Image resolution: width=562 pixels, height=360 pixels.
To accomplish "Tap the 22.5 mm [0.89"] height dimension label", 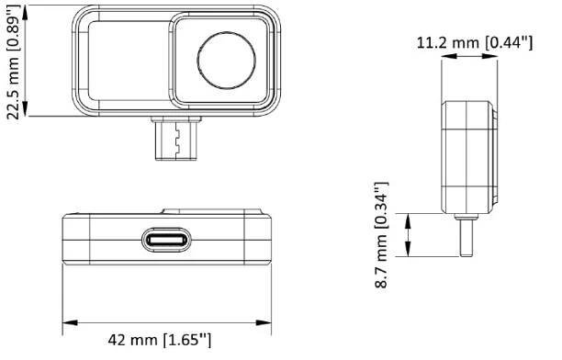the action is coord(14,61).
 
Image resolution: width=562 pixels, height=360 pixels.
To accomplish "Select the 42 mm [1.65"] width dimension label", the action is coord(160,339).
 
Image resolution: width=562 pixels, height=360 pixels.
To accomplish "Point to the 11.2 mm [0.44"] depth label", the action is coord(475,43).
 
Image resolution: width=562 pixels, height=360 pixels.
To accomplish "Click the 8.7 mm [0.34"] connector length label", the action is coord(382,235).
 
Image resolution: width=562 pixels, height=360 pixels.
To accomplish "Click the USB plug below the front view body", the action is coord(176,139).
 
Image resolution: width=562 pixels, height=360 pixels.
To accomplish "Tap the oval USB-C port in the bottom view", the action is coord(166,240).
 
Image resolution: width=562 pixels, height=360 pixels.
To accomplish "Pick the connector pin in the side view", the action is coord(466,238).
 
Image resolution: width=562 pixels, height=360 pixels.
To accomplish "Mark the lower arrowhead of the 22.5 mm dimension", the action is coord(25,108).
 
